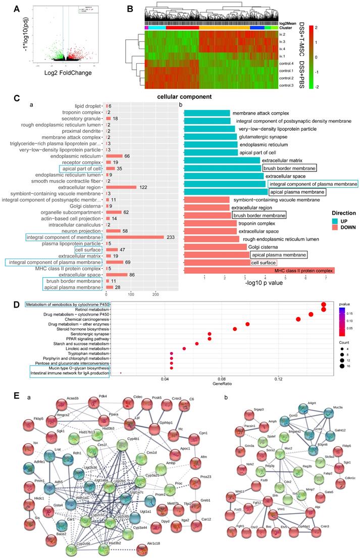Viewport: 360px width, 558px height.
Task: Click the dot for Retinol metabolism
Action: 324,310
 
